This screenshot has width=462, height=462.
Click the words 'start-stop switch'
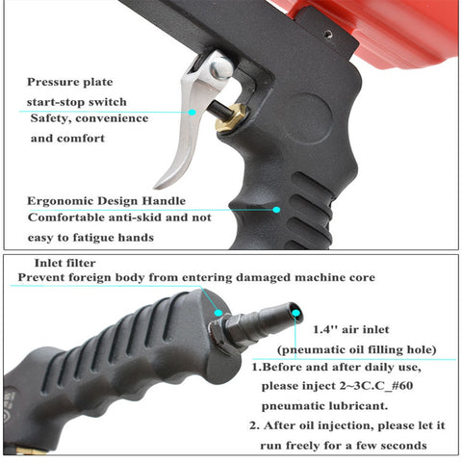(77, 101)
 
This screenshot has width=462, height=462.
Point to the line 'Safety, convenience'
(89, 119)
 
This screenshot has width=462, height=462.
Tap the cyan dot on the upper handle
(276, 208)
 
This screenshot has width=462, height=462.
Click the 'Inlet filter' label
(66, 262)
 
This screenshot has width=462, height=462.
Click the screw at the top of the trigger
(219, 67)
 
